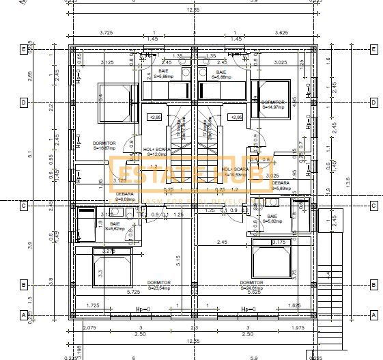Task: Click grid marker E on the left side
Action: click(23, 49)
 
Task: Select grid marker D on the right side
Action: click(373, 103)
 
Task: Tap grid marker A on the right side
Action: click(373, 315)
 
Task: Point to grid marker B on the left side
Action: click(23, 285)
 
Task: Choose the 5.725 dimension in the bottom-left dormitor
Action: click(132, 292)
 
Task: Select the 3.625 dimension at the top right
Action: click(281, 32)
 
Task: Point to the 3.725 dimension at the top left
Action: click(106, 32)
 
